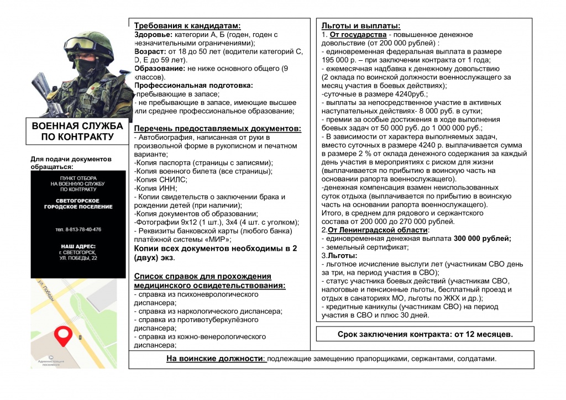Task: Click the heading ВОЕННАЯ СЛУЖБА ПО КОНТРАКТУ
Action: coord(77,131)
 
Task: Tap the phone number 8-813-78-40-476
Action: coord(78,229)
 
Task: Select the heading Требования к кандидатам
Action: coord(187,25)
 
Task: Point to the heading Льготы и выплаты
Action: coord(361,25)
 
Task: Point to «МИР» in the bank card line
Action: coord(218,239)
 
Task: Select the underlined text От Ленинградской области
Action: coord(378,230)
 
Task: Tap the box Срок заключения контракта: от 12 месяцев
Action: coord(425,334)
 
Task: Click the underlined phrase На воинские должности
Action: coord(216,359)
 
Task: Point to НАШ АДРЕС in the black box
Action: coord(78,246)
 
